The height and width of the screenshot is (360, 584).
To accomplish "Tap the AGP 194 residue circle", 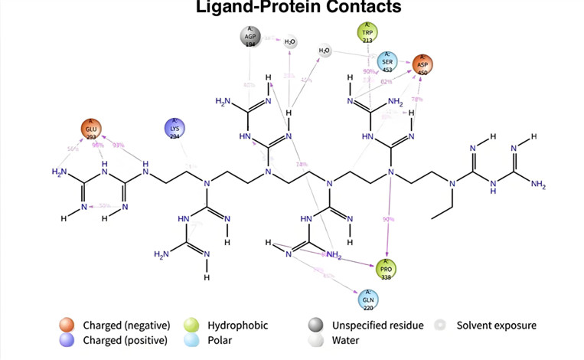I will pyautogui.click(x=249, y=36).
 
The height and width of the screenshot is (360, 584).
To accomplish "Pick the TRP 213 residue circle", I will pyautogui.click(x=368, y=32).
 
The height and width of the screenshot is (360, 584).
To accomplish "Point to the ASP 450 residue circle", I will pyautogui.click(x=423, y=64).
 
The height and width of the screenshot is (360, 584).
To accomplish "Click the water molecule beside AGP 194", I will pyautogui.click(x=290, y=41).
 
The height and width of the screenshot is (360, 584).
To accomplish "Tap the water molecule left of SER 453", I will pyautogui.click(x=325, y=52).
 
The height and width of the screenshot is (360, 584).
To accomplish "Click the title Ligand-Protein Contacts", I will pyautogui.click(x=299, y=9).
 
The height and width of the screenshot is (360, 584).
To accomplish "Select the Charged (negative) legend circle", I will pyautogui.click(x=68, y=325).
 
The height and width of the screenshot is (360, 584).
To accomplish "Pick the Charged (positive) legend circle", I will pyautogui.click(x=68, y=339).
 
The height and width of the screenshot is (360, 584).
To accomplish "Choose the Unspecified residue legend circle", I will pyautogui.click(x=315, y=325).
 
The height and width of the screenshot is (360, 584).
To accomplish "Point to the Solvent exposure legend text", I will pyautogui.click(x=496, y=326).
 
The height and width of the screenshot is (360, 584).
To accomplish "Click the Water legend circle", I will pyautogui.click(x=315, y=339).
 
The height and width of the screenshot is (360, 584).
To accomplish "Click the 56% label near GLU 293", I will pyautogui.click(x=73, y=149).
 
